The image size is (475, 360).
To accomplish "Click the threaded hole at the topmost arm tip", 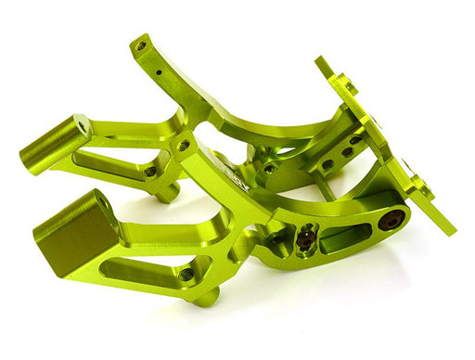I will [x=141, y=44].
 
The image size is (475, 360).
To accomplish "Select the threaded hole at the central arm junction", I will [x=184, y=146].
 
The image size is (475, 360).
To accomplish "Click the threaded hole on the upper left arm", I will [x=150, y=171].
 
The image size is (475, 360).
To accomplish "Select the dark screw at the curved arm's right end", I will [x=392, y=220].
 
